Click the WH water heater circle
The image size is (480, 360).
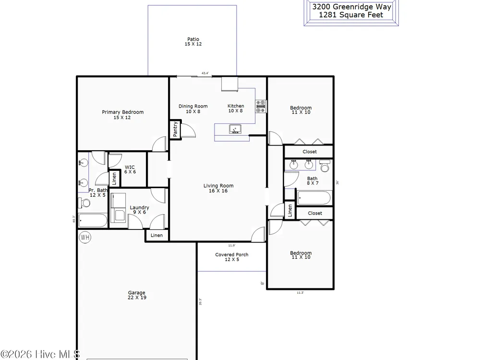[85, 237]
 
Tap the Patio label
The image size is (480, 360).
[193, 39]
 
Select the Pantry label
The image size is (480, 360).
[175, 129]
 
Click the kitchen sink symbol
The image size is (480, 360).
[235, 129]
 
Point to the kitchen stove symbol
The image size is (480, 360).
[261, 107]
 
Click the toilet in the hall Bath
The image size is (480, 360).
[325, 166]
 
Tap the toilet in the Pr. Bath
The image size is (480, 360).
[84, 203]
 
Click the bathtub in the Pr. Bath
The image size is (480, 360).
[93, 220]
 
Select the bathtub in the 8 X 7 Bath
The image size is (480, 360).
[314, 198]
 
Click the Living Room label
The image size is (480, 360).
[218, 185]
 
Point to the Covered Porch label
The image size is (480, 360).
[232, 254]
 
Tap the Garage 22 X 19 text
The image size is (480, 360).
[137, 295]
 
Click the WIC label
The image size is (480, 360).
[130, 167]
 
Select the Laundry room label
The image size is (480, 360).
[139, 207]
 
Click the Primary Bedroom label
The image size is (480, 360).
[123, 112]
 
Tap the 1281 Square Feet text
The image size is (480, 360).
[351, 15]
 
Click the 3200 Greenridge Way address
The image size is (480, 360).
[351, 7]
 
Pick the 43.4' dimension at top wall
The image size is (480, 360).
[205, 73]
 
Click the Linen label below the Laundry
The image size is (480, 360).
[156, 235]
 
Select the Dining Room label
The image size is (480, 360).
[193, 106]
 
